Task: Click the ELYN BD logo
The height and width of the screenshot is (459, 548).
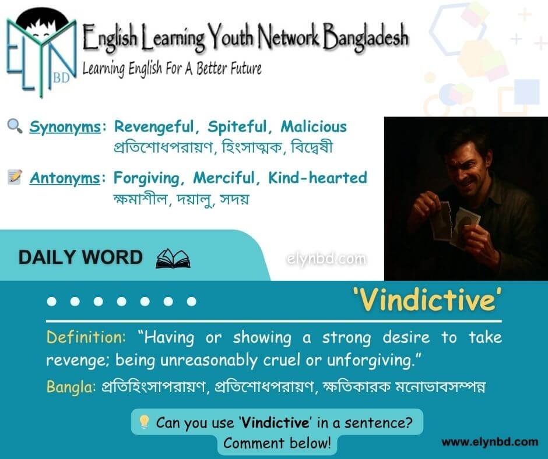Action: (41, 52)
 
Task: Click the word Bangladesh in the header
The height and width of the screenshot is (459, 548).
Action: (365, 36)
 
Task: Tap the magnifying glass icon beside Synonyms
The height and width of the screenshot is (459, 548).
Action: (15, 126)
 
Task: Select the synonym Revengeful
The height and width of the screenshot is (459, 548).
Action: (154, 127)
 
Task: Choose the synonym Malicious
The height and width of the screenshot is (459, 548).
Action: (314, 126)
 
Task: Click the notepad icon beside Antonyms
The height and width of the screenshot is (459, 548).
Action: (15, 176)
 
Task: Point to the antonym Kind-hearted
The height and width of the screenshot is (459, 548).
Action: (318, 178)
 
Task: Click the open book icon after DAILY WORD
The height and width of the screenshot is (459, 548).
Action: (173, 258)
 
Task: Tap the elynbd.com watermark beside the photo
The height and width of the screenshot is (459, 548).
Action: (326, 259)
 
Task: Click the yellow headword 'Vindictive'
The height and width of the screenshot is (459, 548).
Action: (427, 301)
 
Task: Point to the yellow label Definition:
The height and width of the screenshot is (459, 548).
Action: (86, 337)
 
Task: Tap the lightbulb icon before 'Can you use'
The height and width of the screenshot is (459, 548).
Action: (144, 421)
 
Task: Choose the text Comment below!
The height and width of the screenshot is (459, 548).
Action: (277, 443)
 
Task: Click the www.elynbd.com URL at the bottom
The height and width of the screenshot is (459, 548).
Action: (490, 442)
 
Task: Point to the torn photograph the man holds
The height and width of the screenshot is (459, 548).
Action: (454, 224)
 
